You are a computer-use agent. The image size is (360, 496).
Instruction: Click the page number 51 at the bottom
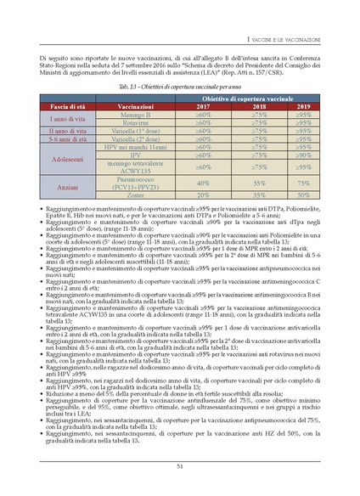click(180, 465)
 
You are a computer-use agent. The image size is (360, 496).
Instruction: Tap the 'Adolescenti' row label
click(65, 158)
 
